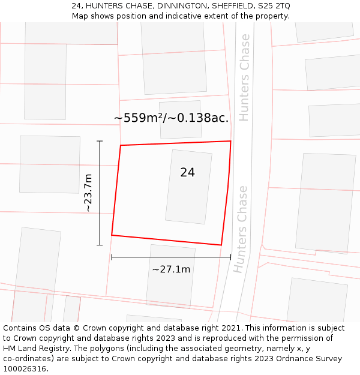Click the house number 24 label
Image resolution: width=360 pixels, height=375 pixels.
(x=187, y=173)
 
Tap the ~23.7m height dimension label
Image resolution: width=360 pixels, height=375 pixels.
(x=88, y=193)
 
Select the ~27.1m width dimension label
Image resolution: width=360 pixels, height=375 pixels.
(x=171, y=269)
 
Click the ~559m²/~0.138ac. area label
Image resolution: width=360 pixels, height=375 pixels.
(x=171, y=118)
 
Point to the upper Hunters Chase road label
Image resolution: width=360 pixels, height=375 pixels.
(x=244, y=77)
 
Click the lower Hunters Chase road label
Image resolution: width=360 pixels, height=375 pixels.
(x=241, y=229)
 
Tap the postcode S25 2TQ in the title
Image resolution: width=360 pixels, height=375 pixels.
(x=274, y=6)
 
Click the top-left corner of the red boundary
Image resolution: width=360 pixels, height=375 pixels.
(x=121, y=145)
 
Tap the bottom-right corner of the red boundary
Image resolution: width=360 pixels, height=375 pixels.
(x=221, y=245)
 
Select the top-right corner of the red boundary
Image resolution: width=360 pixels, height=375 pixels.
(x=231, y=141)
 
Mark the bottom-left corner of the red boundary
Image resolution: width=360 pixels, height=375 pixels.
(x=112, y=235)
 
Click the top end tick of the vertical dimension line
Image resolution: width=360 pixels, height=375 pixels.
(x=100, y=141)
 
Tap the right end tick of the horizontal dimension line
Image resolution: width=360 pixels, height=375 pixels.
(x=230, y=257)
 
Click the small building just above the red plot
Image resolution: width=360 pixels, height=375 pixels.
(x=180, y=119)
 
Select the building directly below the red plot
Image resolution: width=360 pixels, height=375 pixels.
(x=170, y=275)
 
